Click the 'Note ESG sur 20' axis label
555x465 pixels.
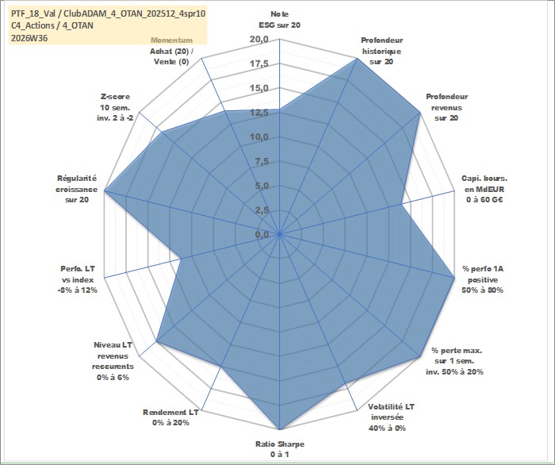pyautogui.click(x=280, y=20)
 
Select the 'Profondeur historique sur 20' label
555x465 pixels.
pyautogui.click(x=381, y=51)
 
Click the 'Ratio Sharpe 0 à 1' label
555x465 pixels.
pyautogui.click(x=280, y=449)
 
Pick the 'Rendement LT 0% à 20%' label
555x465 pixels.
pyautogui.click(x=170, y=417)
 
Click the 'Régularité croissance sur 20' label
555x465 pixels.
pyautogui.click(x=76, y=189)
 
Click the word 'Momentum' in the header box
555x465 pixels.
pyautogui.click(x=172, y=40)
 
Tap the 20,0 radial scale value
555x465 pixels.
pyautogui.click(x=259, y=40)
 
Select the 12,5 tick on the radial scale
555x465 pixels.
pyautogui.click(x=259, y=113)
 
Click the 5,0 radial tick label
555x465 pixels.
pyautogui.click(x=262, y=186)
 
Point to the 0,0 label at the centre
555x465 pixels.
pyautogui.click(x=262, y=234)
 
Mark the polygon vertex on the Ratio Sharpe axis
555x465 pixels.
pyautogui.click(x=280, y=429)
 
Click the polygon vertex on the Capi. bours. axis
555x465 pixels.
pyautogui.click(x=400, y=205)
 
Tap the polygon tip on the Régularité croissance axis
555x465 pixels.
pyautogui.click(x=105, y=191)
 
